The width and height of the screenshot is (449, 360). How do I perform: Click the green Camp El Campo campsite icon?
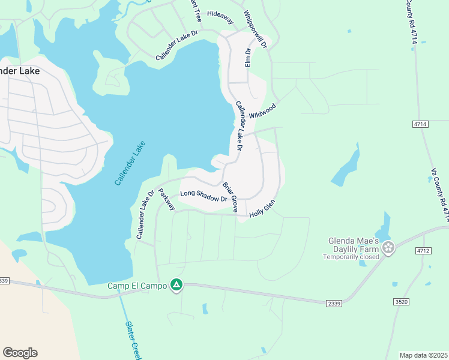click(176, 284)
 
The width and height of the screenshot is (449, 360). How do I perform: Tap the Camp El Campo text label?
click(137, 285)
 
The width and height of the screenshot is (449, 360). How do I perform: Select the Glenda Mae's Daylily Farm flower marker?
click(388, 247)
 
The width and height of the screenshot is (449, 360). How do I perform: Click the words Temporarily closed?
click(351, 257)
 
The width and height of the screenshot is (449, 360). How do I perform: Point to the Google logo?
click(20, 353)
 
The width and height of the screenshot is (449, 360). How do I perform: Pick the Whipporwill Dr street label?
click(254, 28)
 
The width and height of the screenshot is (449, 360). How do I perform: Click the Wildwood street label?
click(262, 111)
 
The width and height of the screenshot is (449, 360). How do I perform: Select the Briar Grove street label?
click(231, 197)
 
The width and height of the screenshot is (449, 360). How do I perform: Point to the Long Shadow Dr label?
click(203, 196)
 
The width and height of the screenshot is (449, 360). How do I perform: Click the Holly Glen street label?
click(262, 208)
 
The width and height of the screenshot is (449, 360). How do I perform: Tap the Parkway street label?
click(166, 199)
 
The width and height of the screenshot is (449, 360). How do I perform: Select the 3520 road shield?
click(402, 301)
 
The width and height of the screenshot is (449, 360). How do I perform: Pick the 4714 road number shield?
click(420, 124)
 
